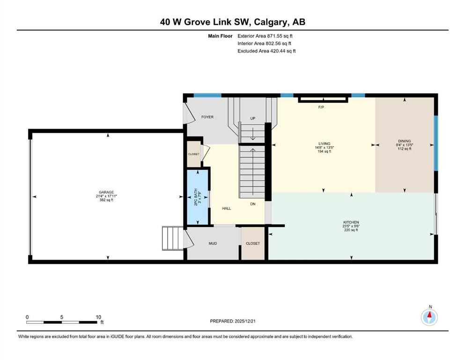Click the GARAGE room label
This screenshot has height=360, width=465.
point(106,192)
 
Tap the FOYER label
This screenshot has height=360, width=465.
point(207,117)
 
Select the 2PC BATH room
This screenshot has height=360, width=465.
point(198,197)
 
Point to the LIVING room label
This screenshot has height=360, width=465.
point(324,143)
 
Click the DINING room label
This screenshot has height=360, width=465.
point(405,141)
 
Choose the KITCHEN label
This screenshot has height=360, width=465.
point(351,222)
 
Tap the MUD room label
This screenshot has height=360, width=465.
point(213,243)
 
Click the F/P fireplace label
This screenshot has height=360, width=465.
point(321,107)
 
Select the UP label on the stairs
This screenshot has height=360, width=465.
point(253,119)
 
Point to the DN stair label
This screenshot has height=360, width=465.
point(253,204)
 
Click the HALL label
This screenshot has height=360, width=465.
point(227,208)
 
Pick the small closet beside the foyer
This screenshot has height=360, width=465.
point(194,154)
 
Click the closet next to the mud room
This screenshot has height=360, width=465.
point(253,243)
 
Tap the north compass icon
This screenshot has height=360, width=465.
point(429,317)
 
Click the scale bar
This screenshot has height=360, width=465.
point(62,322)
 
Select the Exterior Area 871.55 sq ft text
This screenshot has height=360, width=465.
point(265,36)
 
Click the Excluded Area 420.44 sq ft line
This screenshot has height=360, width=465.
point(266,51)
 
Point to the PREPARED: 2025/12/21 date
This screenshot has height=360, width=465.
point(232,321)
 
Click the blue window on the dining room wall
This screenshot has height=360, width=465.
point(436,143)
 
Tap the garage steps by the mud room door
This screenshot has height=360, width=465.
point(173,238)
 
